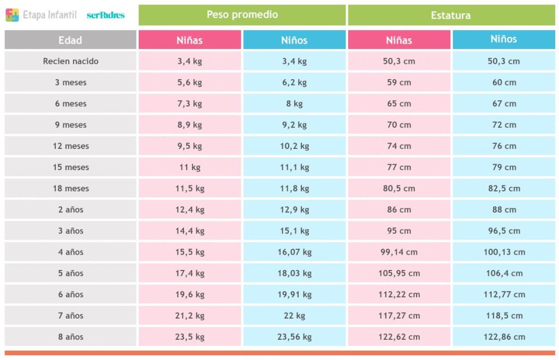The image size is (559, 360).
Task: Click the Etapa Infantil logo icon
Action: (13, 15)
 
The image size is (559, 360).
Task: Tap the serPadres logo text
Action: (105, 15)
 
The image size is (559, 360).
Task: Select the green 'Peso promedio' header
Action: (242, 15)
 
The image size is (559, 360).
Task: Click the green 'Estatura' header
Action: (450, 15)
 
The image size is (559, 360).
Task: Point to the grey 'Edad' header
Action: (70, 40)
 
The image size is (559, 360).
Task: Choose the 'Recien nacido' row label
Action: (70, 61)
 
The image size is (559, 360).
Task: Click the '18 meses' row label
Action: (70, 188)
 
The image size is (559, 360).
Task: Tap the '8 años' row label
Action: (70, 337)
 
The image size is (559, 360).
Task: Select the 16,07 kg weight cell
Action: (294, 252)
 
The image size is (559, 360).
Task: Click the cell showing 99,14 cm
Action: (399, 252)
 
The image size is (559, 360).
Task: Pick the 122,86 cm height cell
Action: (504, 337)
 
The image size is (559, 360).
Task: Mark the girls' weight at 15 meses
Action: (189, 167)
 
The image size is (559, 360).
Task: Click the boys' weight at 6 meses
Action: (294, 104)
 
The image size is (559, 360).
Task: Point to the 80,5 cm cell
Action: (399, 188)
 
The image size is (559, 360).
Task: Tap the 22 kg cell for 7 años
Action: (294, 315)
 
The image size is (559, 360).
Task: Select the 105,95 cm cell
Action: (399, 273)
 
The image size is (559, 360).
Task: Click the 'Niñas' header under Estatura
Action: (399, 40)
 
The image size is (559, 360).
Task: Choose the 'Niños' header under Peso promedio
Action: (294, 40)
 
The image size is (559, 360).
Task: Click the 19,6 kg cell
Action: (189, 294)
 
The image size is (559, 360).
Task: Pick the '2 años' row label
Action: (70, 209)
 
